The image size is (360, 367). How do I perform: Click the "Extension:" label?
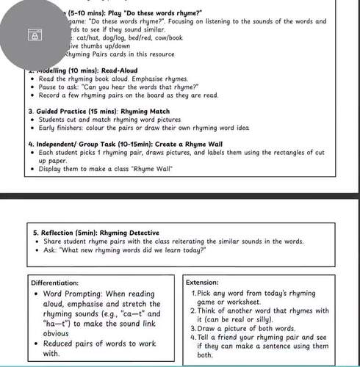[x=202, y=282]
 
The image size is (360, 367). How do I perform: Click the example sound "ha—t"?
[x=60, y=324]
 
